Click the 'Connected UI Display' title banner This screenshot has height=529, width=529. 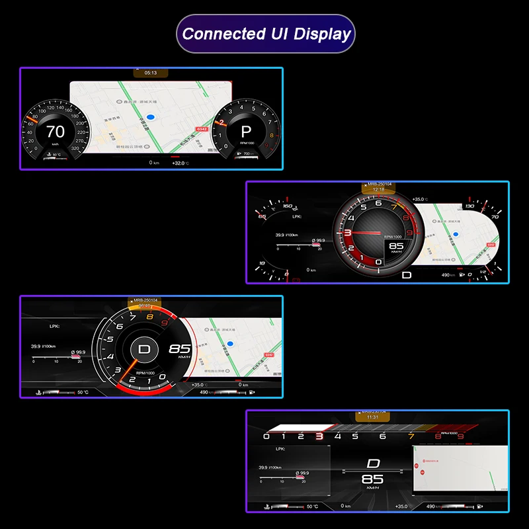coord(265,34)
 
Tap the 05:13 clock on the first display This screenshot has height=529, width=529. coord(150,73)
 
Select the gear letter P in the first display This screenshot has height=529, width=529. coord(246,131)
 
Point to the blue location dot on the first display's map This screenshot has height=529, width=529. coord(151,116)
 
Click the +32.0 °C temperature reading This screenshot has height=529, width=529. coord(180,163)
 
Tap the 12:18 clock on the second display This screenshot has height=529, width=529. coord(378,189)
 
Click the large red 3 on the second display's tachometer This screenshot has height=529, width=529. coord(347,233)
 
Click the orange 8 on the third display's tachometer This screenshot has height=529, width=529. coord(150,317)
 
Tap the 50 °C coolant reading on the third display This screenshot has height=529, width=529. coord(83,393)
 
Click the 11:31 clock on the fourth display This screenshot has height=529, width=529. coord(372,417)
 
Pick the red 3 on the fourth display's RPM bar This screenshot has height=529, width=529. coord(319,436)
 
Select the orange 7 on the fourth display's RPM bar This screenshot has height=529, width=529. coord(411,436)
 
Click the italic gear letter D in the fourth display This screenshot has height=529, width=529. coord(374,464)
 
